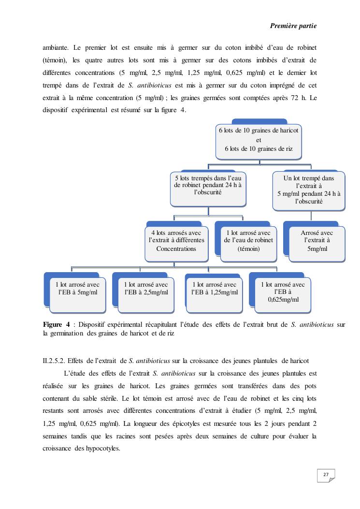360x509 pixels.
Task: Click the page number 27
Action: pyautogui.click(x=326, y=475)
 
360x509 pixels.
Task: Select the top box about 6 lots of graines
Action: pyautogui.click(x=259, y=140)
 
